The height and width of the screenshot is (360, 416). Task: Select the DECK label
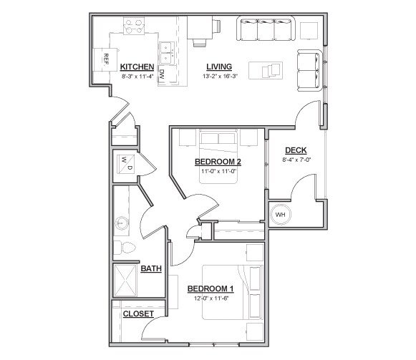tap(296, 150)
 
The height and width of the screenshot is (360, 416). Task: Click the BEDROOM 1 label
tap(210, 288)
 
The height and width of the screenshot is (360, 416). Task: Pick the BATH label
tap(150, 268)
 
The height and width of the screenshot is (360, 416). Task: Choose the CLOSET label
tap(137, 314)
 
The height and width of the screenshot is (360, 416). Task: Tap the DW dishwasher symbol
tap(163, 74)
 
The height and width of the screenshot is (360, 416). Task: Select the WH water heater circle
tap(280, 214)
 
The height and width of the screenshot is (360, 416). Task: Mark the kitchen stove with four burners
tap(133, 28)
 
